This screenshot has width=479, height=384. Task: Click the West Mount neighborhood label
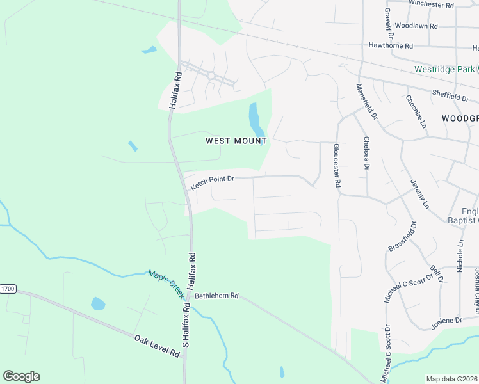(236, 140)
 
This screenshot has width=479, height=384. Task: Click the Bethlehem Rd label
(216, 296)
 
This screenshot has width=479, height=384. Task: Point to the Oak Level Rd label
(157, 346)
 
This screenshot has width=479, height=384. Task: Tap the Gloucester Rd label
(336, 164)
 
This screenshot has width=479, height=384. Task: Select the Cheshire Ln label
(416, 112)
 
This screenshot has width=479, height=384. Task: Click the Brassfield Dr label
(403, 236)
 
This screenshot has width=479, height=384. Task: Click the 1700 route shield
(7, 289)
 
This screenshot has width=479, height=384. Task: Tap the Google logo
(21, 376)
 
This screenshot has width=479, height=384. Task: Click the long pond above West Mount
(254, 116)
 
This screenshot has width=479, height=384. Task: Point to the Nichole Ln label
(460, 257)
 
